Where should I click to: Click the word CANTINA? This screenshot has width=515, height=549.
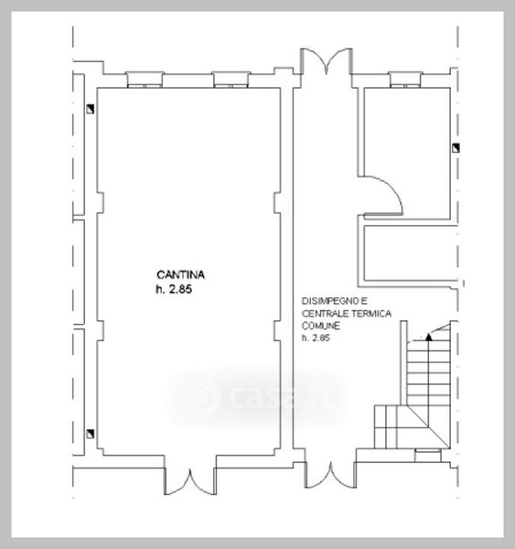click(180, 274)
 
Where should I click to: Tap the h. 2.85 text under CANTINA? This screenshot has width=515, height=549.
click(174, 289)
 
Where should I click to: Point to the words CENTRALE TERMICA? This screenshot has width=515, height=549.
click(347, 313)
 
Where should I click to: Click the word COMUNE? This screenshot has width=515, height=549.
click(321, 326)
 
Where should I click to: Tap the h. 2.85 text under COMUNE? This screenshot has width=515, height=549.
click(316, 338)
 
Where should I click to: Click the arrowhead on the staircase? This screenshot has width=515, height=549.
click(428, 337)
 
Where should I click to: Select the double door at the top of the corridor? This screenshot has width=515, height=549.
click(327, 62)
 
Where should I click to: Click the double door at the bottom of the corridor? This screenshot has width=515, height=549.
click(330, 475)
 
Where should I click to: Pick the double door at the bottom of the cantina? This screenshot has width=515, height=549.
click(190, 482)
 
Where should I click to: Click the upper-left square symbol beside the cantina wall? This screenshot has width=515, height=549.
click(91, 109)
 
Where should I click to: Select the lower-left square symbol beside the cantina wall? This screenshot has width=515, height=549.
click(91, 434)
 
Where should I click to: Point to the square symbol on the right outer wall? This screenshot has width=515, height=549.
click(456, 148)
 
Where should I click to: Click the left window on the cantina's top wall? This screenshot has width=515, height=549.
click(145, 80)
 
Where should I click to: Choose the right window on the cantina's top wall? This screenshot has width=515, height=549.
click(231, 80)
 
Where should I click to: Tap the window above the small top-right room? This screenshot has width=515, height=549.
click(405, 80)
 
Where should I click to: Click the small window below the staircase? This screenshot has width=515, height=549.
click(428, 455)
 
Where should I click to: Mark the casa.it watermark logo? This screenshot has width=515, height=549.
click(258, 396)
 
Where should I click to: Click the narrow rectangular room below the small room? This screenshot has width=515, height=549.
click(411, 253)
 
